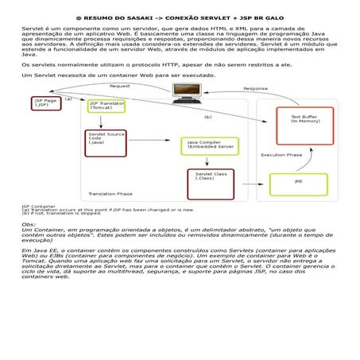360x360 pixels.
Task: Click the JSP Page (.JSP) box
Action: pos(45,105)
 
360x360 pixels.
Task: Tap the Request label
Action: pos(120,86)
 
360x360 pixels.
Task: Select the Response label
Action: pos(255,88)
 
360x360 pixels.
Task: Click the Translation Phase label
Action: pos(110,193)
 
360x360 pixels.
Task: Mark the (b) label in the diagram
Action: pos(208,117)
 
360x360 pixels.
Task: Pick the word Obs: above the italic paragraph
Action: pos(29,225)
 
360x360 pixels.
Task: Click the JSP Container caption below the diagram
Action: pos(37,205)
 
